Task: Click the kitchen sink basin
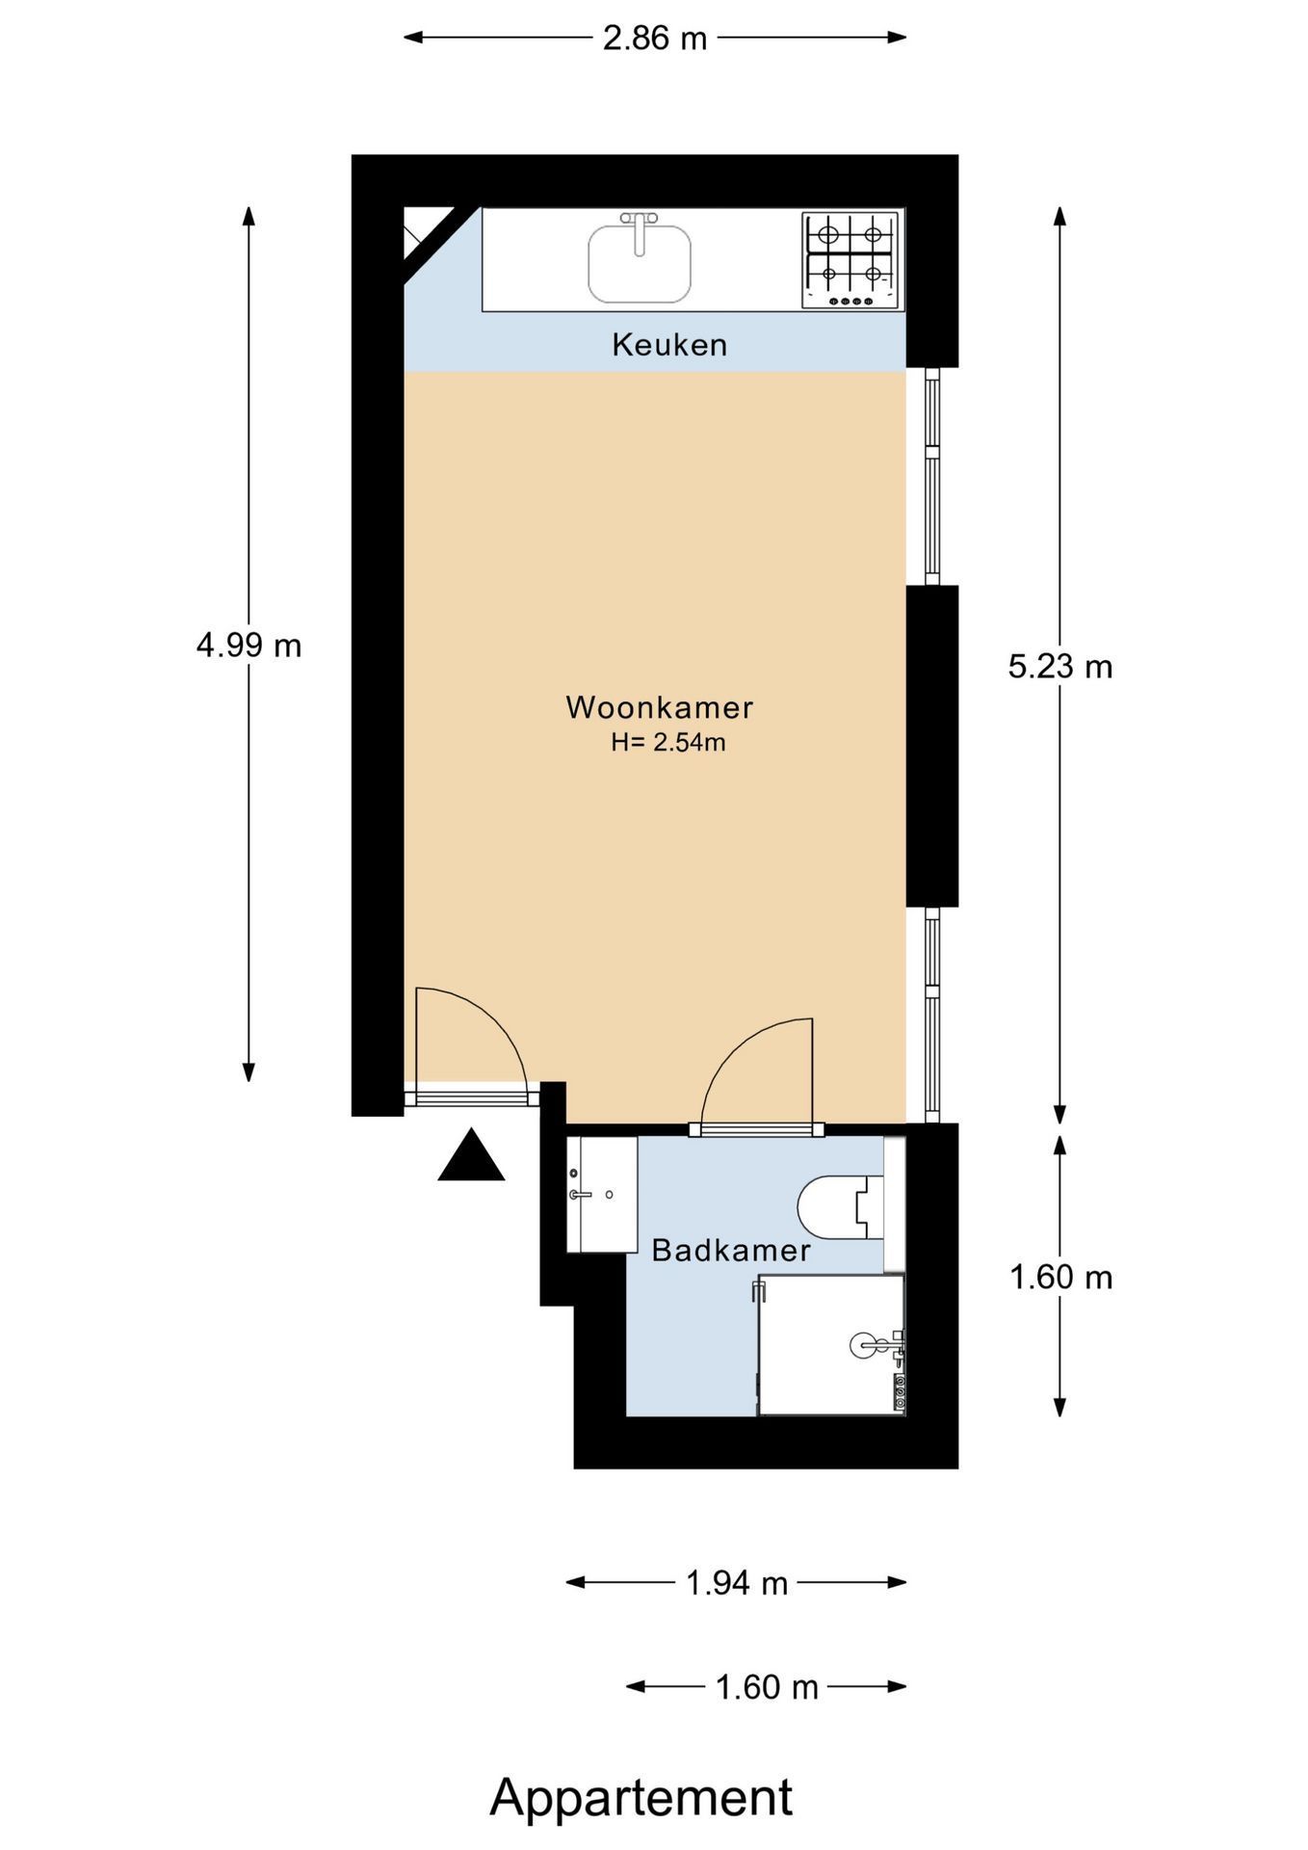[x=640, y=264]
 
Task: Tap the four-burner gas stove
[x=851, y=261]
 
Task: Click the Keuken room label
[x=669, y=345]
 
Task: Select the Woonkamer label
[x=659, y=707]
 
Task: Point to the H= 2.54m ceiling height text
[x=667, y=743]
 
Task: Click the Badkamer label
[x=731, y=1251]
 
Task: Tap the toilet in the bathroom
[x=841, y=1206]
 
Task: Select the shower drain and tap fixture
[x=877, y=1343]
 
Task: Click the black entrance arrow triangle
[x=471, y=1155]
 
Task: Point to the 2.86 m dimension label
[x=655, y=39]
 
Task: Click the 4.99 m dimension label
[x=249, y=645]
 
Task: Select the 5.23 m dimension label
[x=1060, y=666]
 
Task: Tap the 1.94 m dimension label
[x=737, y=1582]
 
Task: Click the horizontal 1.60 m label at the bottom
[x=767, y=1687]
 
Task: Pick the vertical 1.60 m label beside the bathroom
[x=1060, y=1278]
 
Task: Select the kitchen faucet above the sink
[x=639, y=231]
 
